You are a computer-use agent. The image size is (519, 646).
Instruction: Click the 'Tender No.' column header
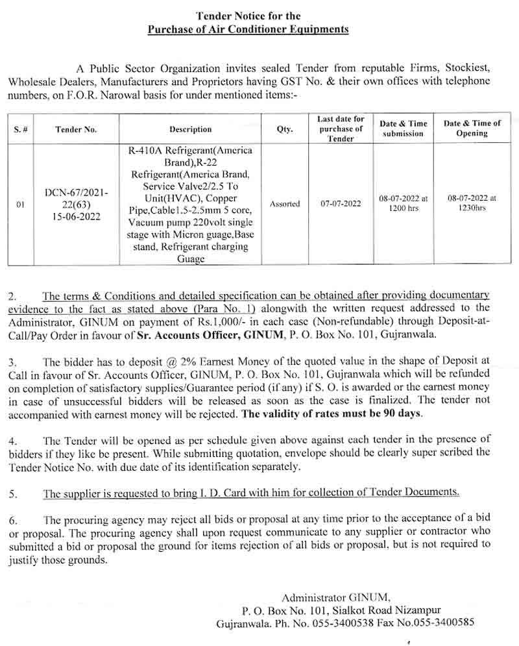tap(76, 129)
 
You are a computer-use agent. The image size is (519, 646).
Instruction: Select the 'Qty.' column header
tap(285, 129)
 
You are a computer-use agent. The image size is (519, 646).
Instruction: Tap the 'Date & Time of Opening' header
tap(472, 128)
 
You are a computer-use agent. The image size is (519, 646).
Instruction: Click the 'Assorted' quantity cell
tap(285, 204)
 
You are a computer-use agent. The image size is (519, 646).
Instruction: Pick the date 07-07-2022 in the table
tap(341, 204)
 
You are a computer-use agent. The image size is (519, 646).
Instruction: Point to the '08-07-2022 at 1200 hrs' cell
tap(403, 203)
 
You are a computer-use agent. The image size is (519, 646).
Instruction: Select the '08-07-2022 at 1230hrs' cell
tap(472, 203)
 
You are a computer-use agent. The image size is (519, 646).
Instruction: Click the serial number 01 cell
tap(20, 205)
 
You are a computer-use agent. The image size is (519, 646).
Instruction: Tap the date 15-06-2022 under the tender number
tap(77, 217)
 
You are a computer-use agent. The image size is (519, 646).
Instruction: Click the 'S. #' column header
tap(20, 129)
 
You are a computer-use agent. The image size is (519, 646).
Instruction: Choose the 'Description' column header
tap(191, 129)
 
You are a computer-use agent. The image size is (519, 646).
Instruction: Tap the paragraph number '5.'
tap(14, 494)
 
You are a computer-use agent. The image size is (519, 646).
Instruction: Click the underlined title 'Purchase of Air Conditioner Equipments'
tap(248, 29)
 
